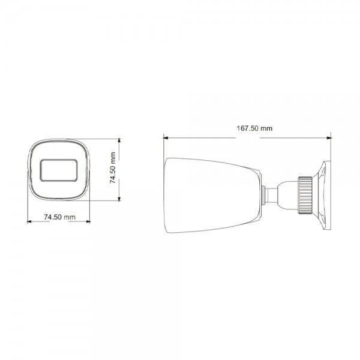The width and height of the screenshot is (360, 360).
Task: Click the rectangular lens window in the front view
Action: pos(60,170)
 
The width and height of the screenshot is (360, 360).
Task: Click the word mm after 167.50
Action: pos(266,128)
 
